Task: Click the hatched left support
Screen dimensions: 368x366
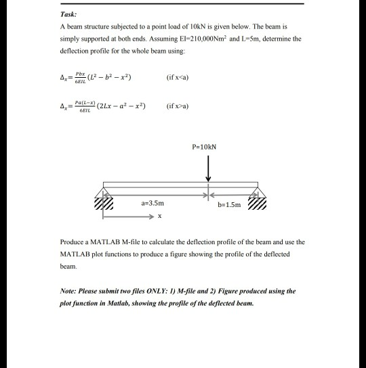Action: [x=104, y=204]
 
